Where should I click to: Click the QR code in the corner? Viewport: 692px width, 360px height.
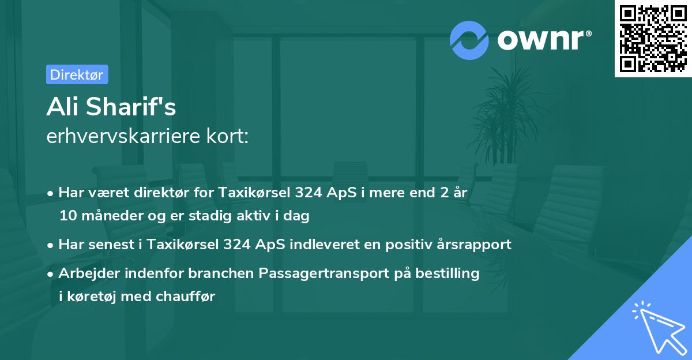(652, 39)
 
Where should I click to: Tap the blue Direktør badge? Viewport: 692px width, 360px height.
(77, 74)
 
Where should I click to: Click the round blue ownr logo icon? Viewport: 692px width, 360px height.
(469, 39)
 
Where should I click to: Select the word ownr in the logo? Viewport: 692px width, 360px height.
(543, 40)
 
